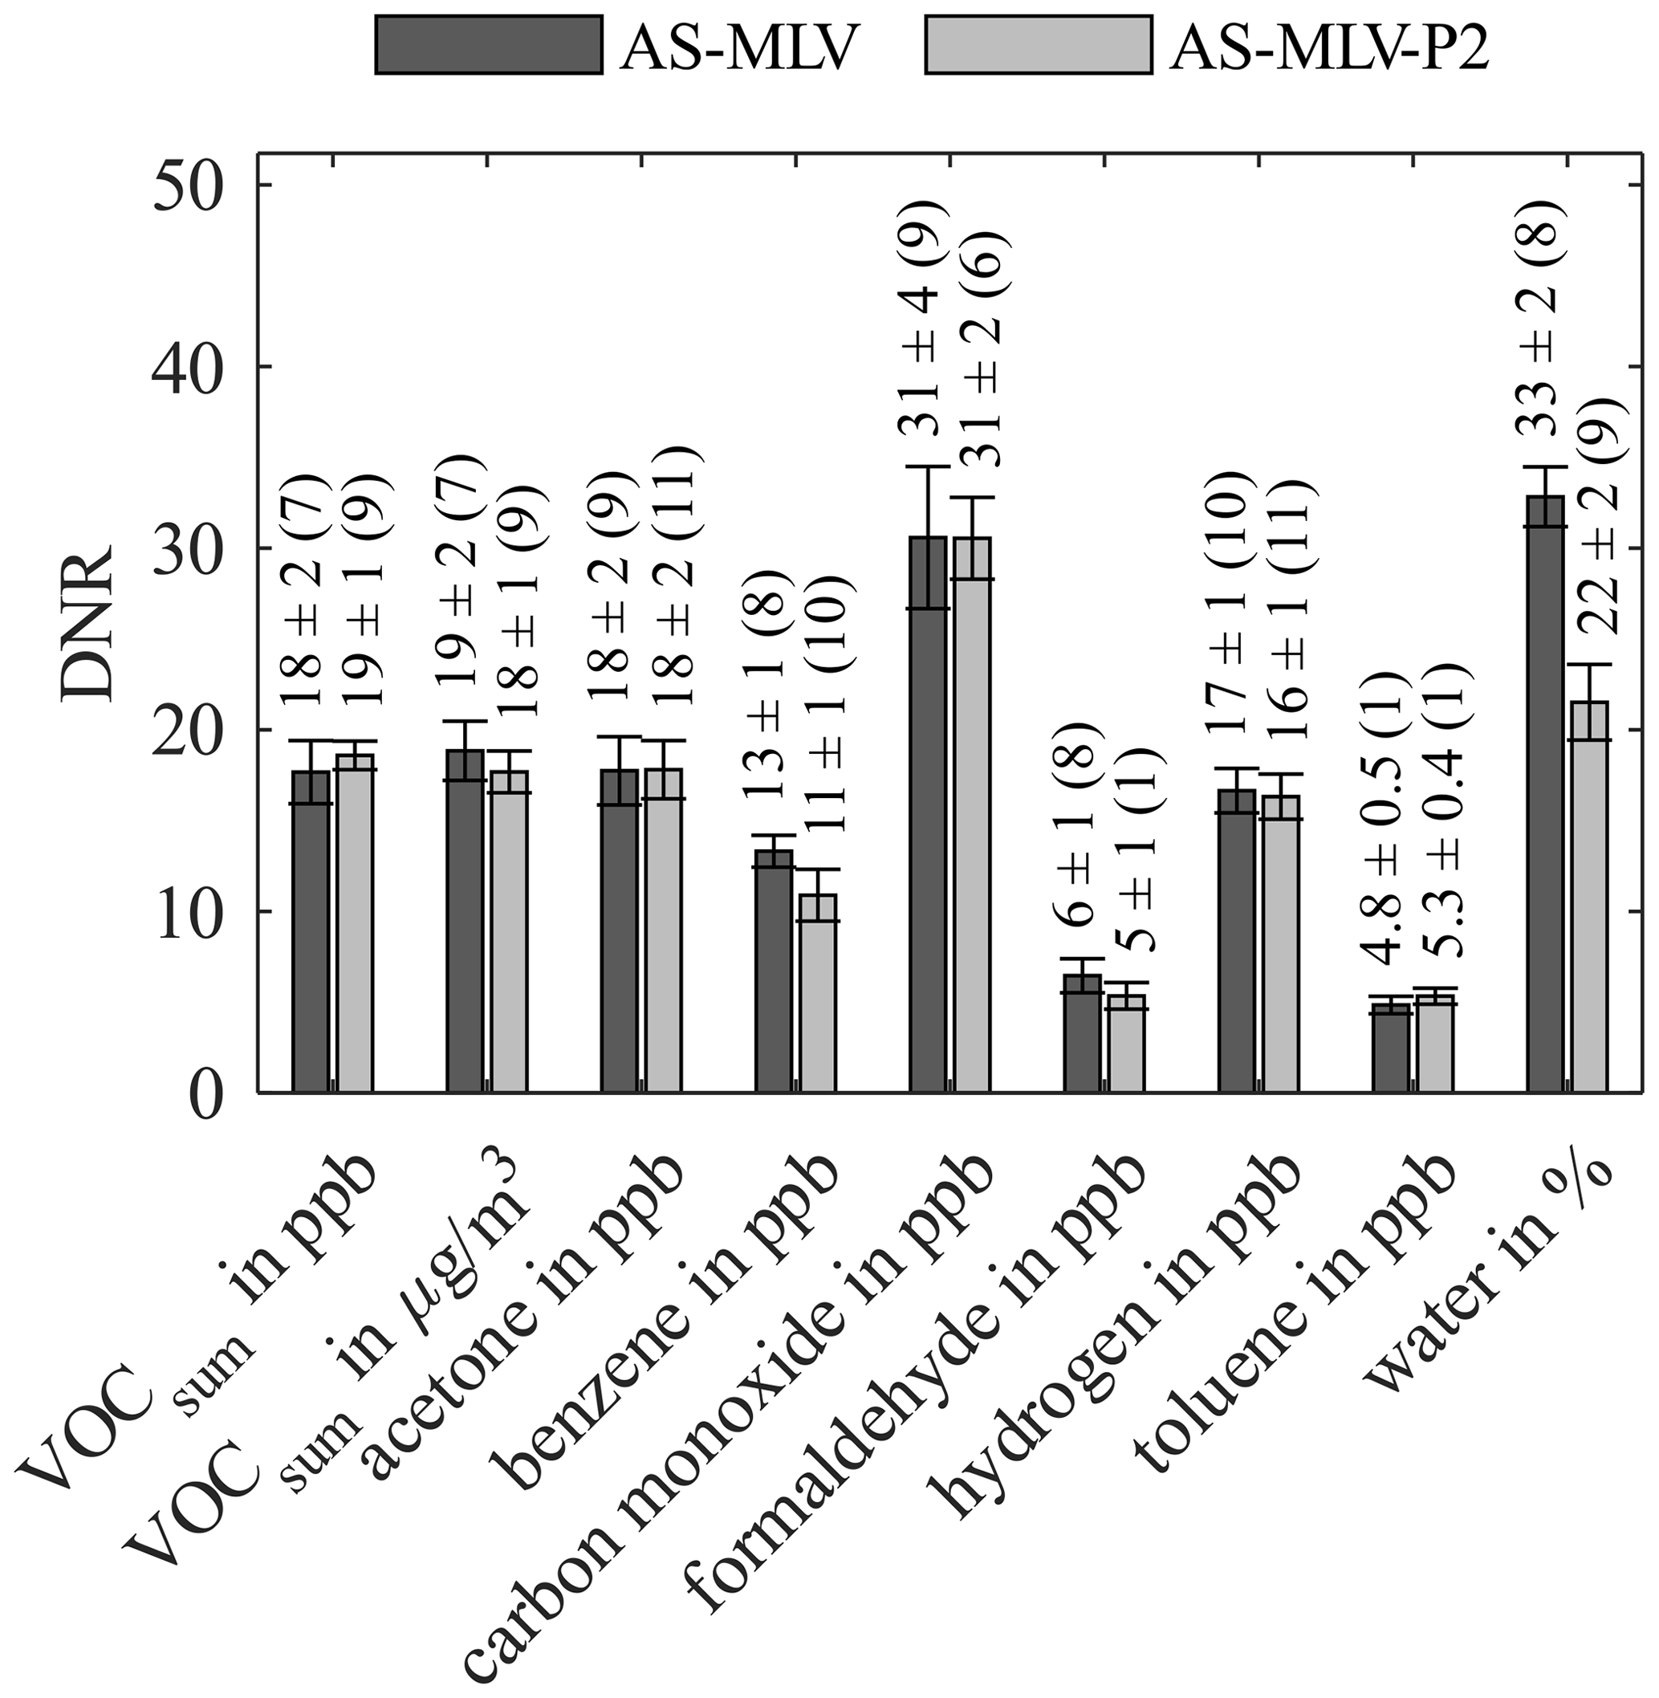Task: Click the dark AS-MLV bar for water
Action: (1546, 793)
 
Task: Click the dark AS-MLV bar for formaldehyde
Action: (1081, 1033)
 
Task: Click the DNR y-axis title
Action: (89, 622)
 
